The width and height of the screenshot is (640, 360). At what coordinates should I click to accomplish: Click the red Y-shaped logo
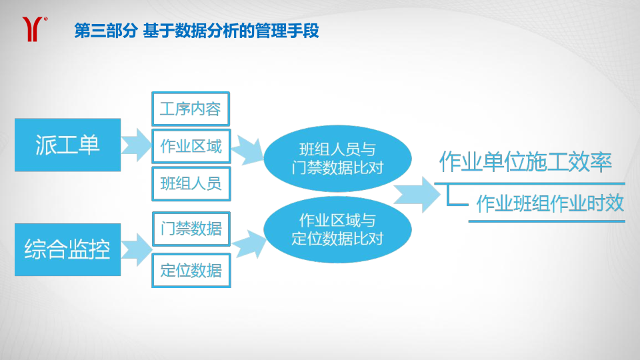[33, 29]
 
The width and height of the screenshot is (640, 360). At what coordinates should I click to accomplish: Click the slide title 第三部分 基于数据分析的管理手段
[196, 31]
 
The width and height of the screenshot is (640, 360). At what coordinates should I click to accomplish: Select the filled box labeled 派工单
[68, 145]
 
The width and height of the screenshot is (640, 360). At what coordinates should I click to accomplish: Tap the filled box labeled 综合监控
[68, 249]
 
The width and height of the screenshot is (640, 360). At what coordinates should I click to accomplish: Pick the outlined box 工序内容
[191, 109]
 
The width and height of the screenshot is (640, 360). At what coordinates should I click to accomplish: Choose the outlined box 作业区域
[191, 146]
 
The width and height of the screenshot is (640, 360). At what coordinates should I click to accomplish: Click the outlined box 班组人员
[191, 184]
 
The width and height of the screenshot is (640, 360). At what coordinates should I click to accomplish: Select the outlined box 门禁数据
[191, 229]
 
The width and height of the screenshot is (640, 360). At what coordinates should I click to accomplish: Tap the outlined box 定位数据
[191, 270]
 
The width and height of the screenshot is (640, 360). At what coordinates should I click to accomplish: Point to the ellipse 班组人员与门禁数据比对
[337, 159]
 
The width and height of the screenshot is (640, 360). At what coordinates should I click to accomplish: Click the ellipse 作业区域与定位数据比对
[337, 229]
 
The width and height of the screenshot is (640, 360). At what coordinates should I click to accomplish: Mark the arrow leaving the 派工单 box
[136, 145]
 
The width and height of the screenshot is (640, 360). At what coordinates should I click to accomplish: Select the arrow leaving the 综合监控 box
[136, 249]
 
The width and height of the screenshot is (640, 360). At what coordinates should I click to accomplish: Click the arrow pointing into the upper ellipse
[248, 150]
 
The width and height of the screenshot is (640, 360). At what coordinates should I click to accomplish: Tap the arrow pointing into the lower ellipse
[249, 244]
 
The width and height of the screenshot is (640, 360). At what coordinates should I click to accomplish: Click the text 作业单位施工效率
[526, 162]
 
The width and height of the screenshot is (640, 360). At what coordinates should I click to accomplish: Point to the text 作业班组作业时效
[550, 203]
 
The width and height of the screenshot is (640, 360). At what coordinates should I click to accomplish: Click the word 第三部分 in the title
[106, 31]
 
